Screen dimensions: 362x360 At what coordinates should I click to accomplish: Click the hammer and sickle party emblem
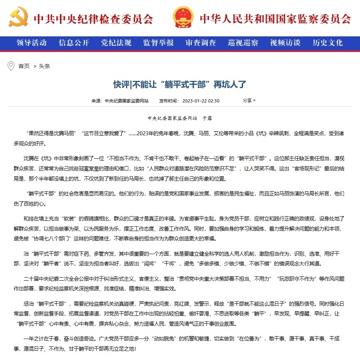18,18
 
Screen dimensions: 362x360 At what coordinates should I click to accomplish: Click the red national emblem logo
183,18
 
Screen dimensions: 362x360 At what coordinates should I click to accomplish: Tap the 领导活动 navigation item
31,43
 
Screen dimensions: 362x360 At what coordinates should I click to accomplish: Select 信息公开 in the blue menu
74,43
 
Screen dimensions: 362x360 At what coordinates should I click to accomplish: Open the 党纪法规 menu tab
116,43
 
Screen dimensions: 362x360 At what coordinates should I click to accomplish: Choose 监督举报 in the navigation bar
158,43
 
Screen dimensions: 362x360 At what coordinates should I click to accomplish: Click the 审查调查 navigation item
200,43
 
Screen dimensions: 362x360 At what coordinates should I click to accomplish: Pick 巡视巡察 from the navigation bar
243,43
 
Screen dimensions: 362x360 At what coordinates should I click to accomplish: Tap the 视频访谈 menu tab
285,43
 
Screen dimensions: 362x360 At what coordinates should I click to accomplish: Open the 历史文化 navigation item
328,43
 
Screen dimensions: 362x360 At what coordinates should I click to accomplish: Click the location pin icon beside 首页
11,66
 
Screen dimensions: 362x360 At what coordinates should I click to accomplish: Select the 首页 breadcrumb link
24,66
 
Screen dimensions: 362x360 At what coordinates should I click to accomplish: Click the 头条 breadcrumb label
44,66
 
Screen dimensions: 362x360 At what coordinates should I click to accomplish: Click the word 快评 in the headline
121,85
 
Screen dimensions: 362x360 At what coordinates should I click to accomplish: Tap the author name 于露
207,118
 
